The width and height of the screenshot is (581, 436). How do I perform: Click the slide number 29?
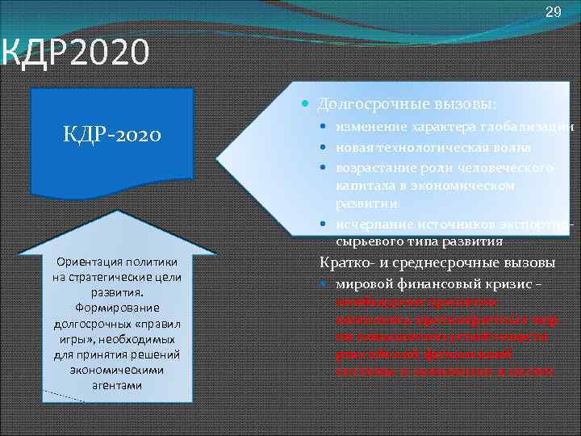pos(553,12)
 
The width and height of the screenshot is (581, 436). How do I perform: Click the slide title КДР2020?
pos(75,54)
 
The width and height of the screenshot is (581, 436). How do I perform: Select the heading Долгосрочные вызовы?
pos(408,105)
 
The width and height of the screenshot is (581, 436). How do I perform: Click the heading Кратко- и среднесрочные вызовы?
pos(437,262)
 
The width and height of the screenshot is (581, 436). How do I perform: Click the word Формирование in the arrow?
pos(118,308)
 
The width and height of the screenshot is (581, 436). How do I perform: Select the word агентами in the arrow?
pos(118,385)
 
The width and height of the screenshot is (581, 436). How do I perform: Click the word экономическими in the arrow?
pos(118,370)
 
